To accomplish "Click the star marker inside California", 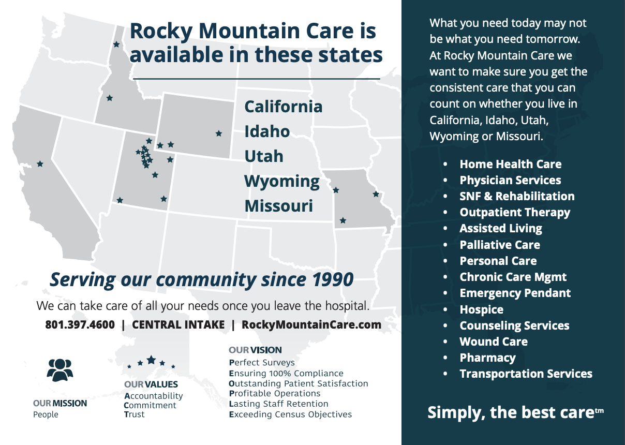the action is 40,164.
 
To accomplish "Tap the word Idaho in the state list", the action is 267,131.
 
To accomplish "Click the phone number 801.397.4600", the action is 80,324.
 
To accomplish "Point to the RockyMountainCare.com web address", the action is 311,325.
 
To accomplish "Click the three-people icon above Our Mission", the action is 60,370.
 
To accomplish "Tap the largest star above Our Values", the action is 151,360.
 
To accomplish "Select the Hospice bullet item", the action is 481,309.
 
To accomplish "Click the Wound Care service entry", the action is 494,342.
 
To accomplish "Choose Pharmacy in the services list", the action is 487,358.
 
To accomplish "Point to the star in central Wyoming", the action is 219,133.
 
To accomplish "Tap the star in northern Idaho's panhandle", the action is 116,44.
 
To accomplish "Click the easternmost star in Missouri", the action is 376,194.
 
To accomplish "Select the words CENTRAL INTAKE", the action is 178,324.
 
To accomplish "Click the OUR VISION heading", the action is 255,350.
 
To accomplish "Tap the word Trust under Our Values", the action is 134,414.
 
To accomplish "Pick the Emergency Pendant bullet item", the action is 515,293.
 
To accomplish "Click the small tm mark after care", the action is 599,411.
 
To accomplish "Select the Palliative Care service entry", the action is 500,245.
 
